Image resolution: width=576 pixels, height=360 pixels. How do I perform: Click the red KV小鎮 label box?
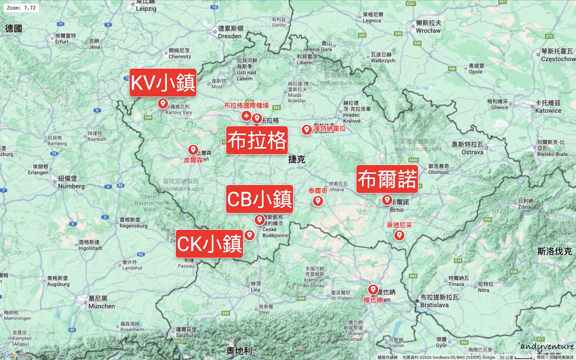(x=163, y=83)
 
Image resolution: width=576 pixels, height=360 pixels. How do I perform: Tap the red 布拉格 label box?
(x=257, y=140)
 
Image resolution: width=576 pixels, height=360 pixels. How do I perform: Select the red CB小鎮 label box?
(x=260, y=199)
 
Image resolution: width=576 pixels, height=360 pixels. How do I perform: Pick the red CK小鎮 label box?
(x=210, y=244)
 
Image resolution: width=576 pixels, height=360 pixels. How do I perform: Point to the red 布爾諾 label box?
(x=387, y=179)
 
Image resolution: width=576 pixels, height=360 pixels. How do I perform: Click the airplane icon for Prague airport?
(x=246, y=116)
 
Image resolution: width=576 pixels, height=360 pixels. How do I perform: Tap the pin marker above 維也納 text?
(x=373, y=289)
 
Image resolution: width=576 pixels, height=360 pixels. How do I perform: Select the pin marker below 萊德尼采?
(x=399, y=235)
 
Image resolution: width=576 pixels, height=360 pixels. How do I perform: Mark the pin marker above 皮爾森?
(x=193, y=150)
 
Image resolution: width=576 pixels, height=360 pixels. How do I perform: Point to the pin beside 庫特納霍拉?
(x=306, y=130)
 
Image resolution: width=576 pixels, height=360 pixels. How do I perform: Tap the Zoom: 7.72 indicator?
(x=21, y=8)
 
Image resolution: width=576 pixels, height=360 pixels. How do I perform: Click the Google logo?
(x=15, y=354)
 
